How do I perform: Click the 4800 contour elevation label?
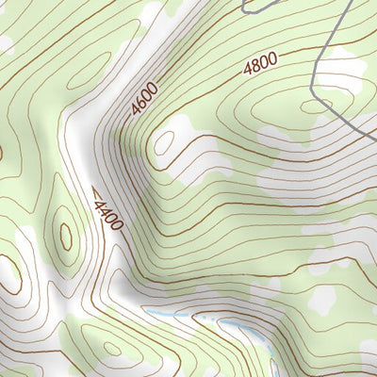tap(260, 64)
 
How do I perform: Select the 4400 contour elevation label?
tap(107, 210)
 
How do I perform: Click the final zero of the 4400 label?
tap(117, 224)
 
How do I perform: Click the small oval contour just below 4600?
tap(166, 143)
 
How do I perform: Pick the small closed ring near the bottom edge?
tap(114, 351)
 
